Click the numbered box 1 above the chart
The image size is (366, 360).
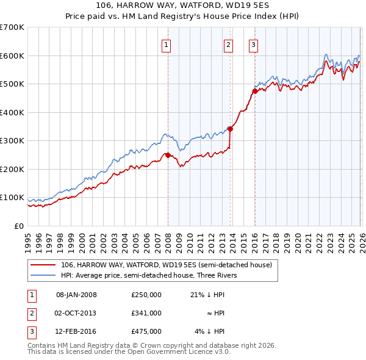(x=167, y=44)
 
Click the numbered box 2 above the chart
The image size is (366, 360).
(x=228, y=44)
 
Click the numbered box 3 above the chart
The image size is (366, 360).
(x=253, y=44)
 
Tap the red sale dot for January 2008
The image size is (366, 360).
(x=168, y=155)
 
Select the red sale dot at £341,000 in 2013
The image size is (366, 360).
(x=230, y=129)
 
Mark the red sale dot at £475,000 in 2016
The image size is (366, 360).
(x=254, y=91)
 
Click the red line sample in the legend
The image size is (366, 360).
(x=43, y=264)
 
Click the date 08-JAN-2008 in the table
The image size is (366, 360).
(x=76, y=295)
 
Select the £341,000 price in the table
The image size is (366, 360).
(x=146, y=313)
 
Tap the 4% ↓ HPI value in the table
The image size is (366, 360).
(x=209, y=331)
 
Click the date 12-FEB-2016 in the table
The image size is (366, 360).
(x=76, y=331)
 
